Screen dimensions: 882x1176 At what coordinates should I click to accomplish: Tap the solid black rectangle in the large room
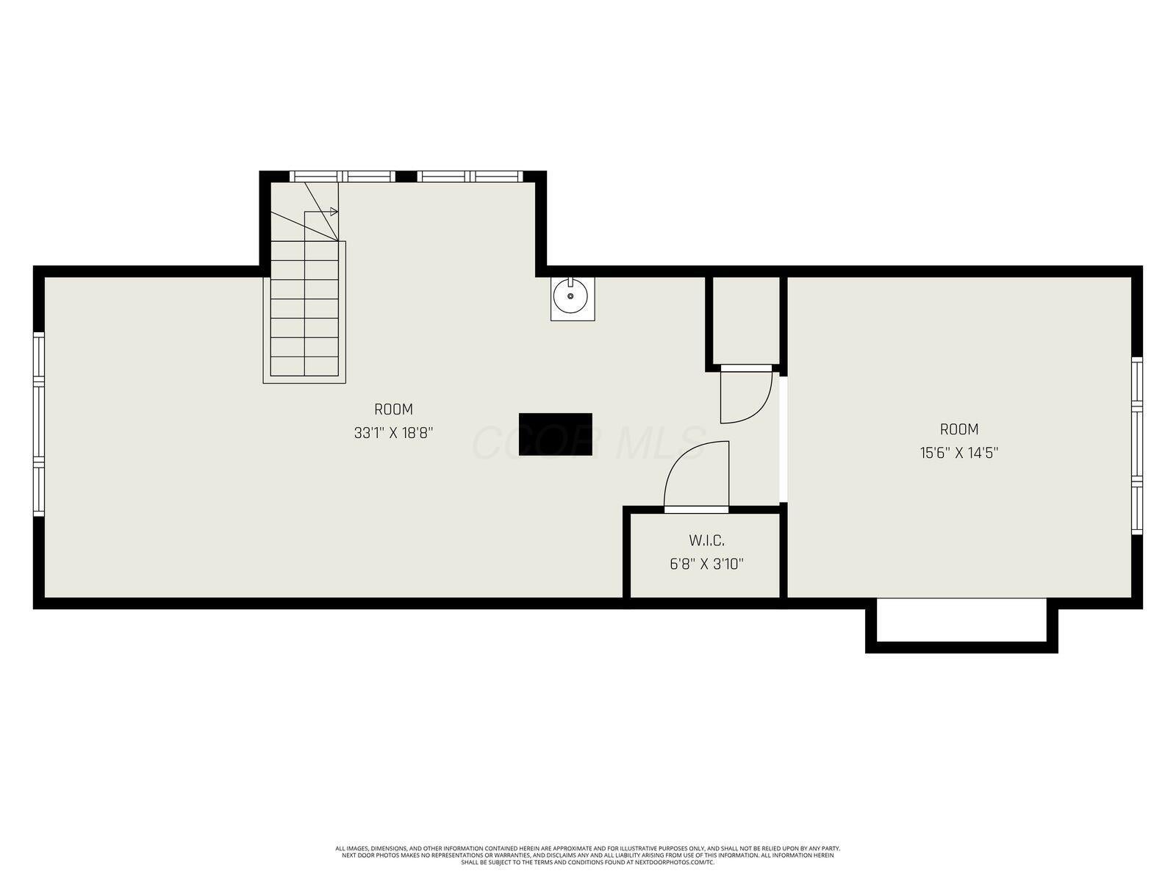click(x=555, y=434)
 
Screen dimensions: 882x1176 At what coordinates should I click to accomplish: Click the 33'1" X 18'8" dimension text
click(x=393, y=433)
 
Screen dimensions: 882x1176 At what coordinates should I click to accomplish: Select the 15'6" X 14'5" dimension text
click(x=958, y=453)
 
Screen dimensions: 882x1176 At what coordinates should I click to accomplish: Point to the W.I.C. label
click(x=706, y=541)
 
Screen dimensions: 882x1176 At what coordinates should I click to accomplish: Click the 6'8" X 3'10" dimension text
click(x=706, y=564)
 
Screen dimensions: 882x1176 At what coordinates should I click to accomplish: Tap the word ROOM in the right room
click(x=958, y=429)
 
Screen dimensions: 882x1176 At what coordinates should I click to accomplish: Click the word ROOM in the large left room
click(x=393, y=409)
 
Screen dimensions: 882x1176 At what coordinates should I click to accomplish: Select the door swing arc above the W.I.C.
click(x=695, y=474)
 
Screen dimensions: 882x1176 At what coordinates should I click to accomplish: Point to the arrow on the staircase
click(x=333, y=212)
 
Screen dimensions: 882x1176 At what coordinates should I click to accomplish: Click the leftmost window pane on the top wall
click(x=317, y=176)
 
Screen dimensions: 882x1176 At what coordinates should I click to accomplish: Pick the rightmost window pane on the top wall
click(x=495, y=176)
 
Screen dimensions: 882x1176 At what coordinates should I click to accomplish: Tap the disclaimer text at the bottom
click(x=588, y=855)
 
